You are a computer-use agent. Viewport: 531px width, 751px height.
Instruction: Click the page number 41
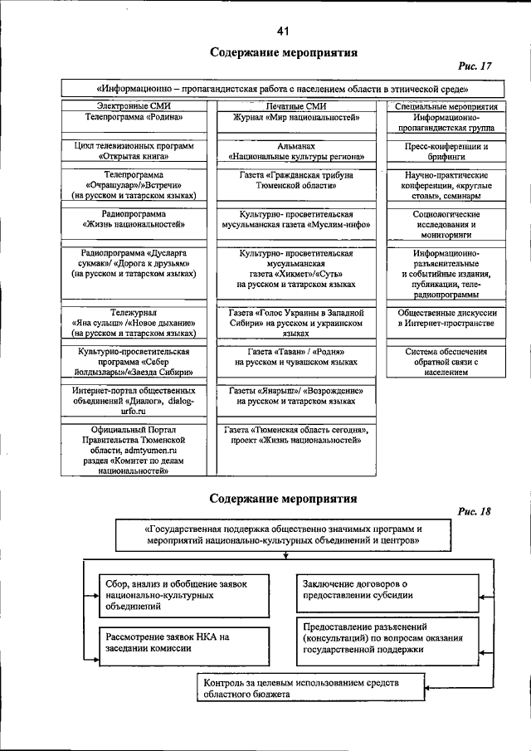coord(283,32)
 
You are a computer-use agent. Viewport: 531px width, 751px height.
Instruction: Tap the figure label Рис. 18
coord(474,511)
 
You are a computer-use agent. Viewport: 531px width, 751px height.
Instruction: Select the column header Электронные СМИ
coord(133,107)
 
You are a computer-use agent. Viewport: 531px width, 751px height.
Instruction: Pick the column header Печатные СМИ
coord(296,107)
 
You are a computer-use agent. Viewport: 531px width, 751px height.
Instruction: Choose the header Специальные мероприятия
coord(447,107)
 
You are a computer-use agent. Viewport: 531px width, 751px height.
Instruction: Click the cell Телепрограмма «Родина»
coord(133,119)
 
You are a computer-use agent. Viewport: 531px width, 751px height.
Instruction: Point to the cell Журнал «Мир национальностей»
coord(296,119)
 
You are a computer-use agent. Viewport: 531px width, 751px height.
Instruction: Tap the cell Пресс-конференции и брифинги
coord(447,151)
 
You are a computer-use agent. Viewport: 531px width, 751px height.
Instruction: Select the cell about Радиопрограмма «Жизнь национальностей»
coord(133,218)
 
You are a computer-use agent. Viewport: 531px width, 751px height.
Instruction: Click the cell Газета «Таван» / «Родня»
coord(296,357)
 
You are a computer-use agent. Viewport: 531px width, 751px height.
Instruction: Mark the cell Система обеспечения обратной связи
coord(447,362)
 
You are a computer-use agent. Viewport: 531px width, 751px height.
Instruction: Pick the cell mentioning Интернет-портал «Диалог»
coord(133,400)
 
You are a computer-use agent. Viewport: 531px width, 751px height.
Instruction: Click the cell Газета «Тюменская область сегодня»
coord(296,436)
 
